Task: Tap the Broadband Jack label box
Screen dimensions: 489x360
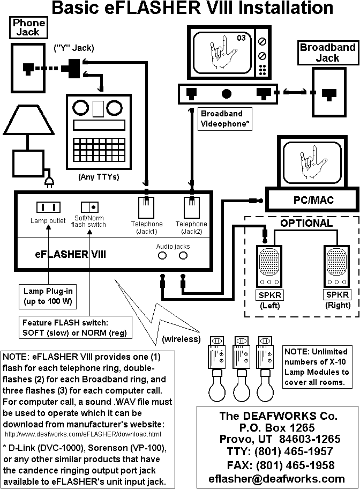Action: click(x=327, y=53)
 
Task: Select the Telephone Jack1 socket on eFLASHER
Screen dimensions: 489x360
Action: click(x=146, y=207)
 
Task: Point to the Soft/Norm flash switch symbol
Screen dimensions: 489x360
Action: click(x=89, y=207)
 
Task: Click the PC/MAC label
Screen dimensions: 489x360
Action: click(x=313, y=200)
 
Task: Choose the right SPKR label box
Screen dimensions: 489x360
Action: click(x=337, y=295)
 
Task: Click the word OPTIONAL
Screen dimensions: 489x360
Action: click(x=306, y=223)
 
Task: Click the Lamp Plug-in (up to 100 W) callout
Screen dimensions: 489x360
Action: click(x=47, y=297)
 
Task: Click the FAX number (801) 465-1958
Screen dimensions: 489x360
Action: click(x=277, y=465)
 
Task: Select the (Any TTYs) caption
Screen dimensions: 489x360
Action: click(x=99, y=176)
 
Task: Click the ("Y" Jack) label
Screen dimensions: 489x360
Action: click(x=74, y=48)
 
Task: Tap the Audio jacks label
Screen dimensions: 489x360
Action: click(x=173, y=246)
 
